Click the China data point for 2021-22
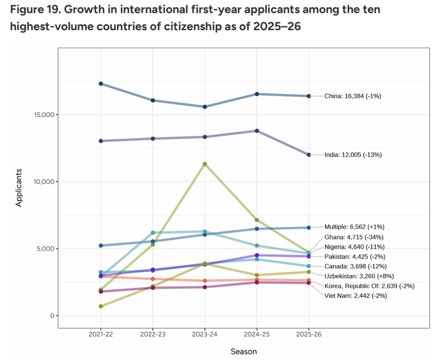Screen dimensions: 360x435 [101, 83]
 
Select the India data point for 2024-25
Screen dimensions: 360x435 [257, 130]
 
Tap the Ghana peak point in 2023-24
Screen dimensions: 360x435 [205, 164]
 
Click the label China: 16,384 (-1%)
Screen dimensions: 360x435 [352, 96]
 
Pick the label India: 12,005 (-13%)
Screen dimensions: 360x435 [353, 155]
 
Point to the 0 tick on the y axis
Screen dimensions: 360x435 [51, 316]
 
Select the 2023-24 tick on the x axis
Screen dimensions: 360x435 [205, 335]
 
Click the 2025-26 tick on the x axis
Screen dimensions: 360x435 [309, 335]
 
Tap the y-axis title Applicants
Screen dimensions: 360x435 [19, 188]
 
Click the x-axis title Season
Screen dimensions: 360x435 [243, 352]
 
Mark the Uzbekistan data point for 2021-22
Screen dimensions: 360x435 [101, 306]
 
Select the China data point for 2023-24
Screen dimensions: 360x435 [205, 107]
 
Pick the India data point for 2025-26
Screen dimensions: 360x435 [309, 155]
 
